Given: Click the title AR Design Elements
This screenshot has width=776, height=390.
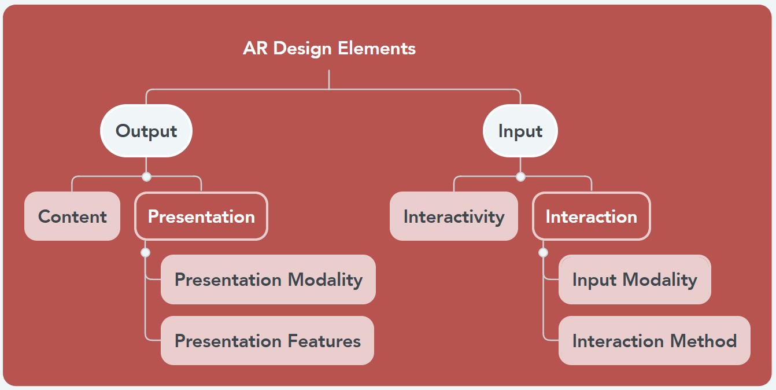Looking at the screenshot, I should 329,48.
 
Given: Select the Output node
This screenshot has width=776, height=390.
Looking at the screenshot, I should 146,131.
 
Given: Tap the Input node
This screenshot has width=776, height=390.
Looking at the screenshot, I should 520,131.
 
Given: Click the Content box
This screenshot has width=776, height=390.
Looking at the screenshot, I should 72,216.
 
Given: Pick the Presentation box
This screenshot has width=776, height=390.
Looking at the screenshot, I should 201,216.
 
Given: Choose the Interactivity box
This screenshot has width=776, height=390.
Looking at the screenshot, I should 453,216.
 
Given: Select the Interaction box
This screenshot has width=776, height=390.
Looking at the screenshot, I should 591,216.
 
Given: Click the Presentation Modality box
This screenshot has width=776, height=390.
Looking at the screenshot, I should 268,279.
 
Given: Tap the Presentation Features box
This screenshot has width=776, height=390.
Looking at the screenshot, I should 267,341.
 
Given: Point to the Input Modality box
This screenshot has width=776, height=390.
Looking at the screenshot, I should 634,279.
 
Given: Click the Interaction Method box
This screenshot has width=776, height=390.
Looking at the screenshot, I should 654,341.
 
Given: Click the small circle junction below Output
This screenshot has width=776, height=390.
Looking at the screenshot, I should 146,176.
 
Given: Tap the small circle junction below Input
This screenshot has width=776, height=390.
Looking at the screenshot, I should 520,176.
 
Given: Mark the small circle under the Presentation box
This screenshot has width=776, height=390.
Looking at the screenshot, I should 145,252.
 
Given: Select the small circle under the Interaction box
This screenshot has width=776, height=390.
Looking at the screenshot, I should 543,252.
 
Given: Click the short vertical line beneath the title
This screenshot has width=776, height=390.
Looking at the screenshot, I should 328,79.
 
